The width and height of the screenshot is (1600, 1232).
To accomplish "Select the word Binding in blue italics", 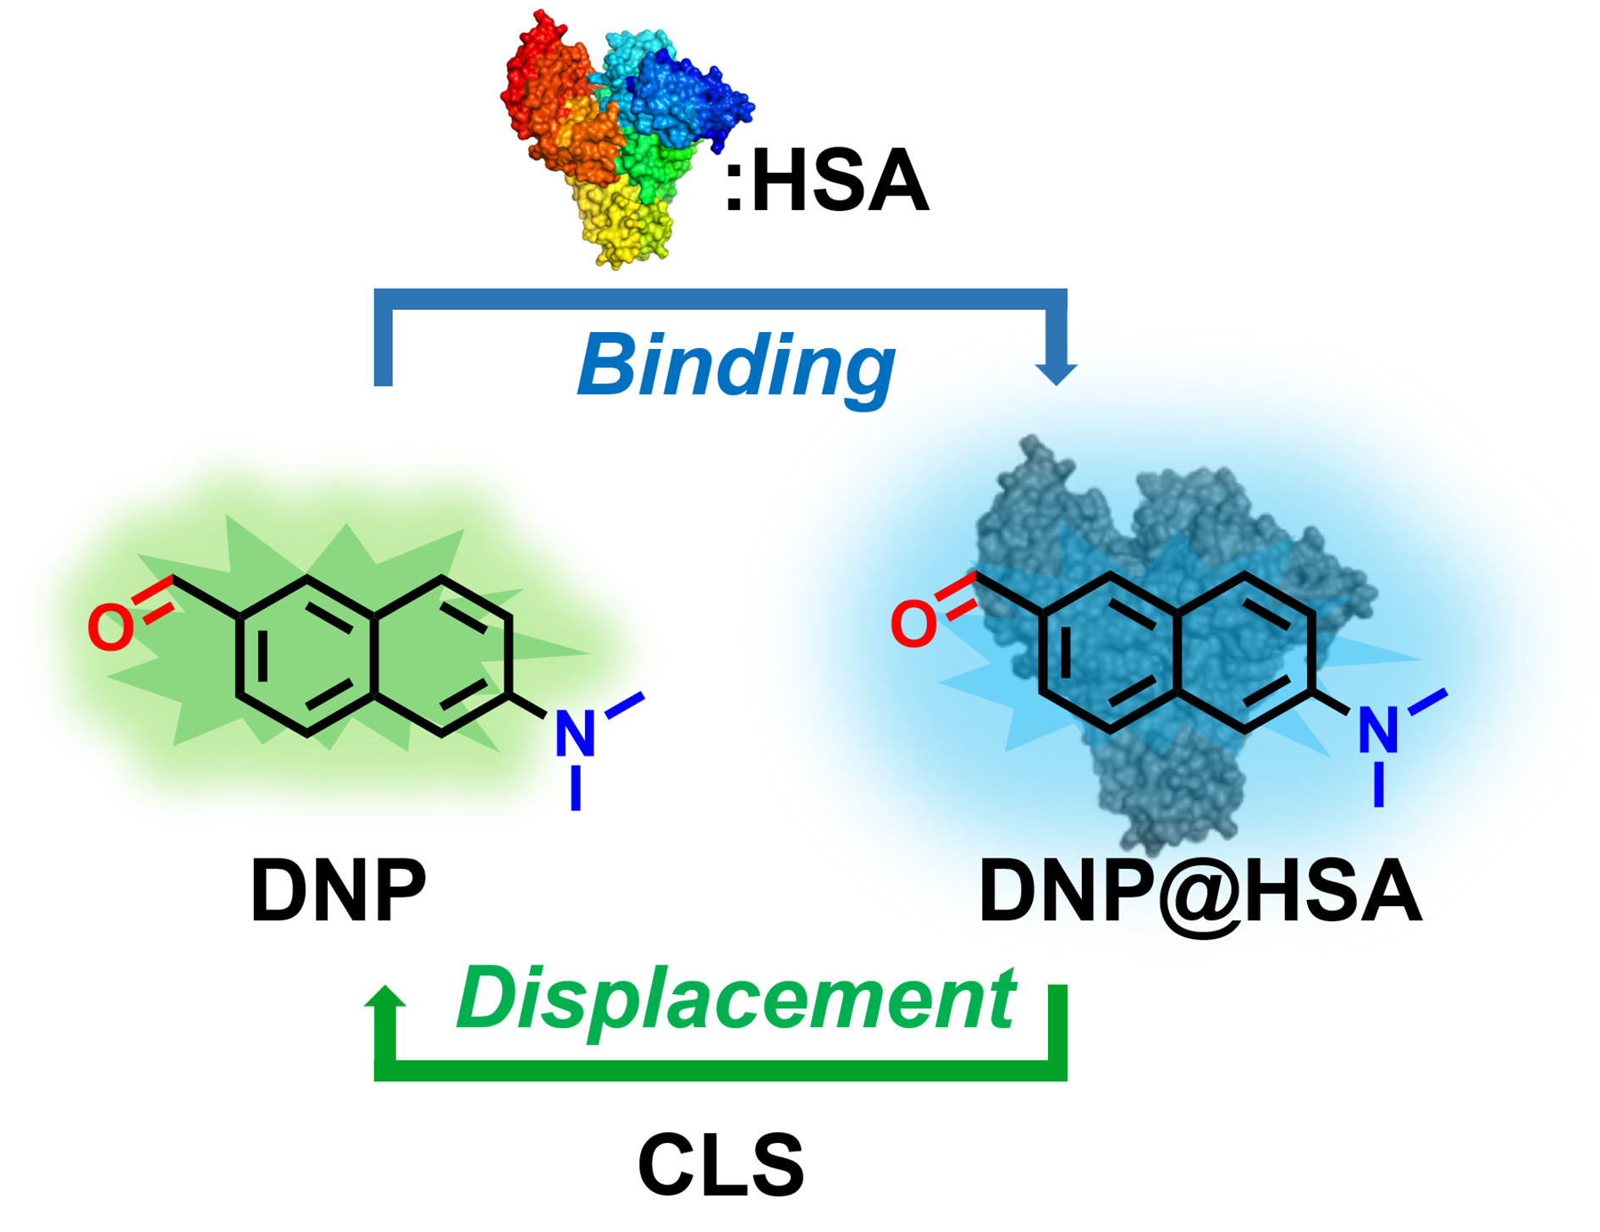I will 736,365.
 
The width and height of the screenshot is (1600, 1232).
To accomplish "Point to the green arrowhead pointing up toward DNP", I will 385,997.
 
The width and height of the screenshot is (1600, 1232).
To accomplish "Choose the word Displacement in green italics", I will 736,999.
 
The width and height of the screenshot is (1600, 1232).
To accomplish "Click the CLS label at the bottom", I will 720,1166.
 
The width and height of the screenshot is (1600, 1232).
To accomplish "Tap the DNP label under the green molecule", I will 338,891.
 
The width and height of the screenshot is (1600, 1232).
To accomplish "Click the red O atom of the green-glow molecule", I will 110,628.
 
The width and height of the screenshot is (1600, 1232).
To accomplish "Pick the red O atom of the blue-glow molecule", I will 913,625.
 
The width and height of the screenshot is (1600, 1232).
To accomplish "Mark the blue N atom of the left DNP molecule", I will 575,733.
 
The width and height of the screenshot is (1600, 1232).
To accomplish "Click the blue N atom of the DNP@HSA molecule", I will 1377,730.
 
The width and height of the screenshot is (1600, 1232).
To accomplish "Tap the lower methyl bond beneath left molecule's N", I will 576,788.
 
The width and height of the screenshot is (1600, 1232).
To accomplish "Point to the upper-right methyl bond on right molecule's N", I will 1427,702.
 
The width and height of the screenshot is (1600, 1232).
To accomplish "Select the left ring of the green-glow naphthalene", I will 306,655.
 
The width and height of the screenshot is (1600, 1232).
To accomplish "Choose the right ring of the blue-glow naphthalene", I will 1244,652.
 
